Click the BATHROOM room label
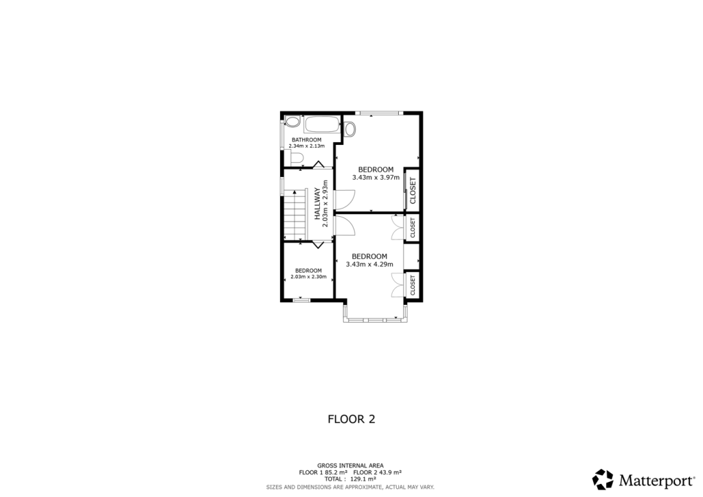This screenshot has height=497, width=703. pyautogui.click(x=306, y=139)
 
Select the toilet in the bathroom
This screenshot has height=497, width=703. pyautogui.click(x=296, y=159)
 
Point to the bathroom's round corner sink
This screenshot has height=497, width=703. pyautogui.click(x=292, y=122)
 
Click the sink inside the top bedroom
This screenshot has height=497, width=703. pyautogui.click(x=349, y=128)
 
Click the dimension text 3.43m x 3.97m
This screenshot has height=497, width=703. pyautogui.click(x=376, y=177)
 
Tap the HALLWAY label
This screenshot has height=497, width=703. pyautogui.click(x=318, y=204)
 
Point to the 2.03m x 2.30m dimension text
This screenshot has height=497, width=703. pyautogui.click(x=308, y=277)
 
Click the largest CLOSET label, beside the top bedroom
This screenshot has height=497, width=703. pyautogui.click(x=413, y=190)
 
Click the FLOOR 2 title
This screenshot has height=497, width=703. pyautogui.click(x=351, y=419)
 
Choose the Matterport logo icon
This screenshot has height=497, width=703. pyautogui.click(x=603, y=479)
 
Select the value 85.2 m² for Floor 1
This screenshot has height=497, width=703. pyautogui.click(x=333, y=472)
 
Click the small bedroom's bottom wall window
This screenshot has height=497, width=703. pyautogui.click(x=301, y=300)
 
